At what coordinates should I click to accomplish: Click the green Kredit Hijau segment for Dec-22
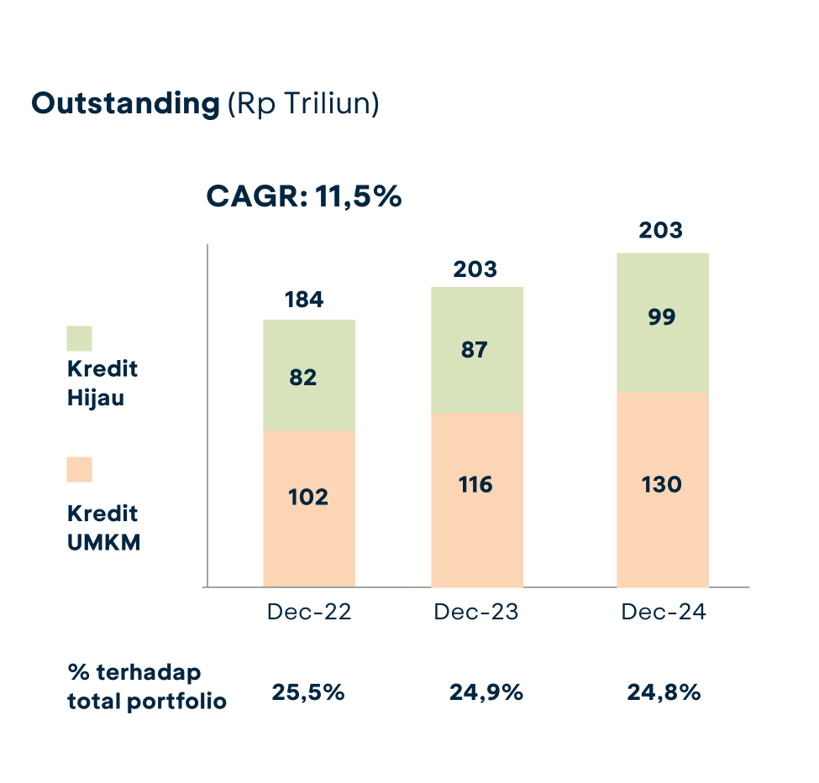coord(308,375)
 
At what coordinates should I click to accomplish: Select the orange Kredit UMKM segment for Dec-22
coord(308,508)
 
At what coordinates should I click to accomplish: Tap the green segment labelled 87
coord(476,349)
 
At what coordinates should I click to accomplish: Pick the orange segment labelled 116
coord(476,499)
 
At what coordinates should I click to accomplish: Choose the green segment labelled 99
coord(662,322)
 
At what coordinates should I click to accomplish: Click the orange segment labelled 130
coord(662,488)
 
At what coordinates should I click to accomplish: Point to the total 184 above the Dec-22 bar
coord(304,300)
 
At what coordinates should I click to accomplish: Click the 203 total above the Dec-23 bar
coord(475,269)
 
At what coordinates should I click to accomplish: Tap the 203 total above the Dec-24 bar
coord(661,230)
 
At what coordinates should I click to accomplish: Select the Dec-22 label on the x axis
coord(309,612)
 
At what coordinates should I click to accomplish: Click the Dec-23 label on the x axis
coord(476,612)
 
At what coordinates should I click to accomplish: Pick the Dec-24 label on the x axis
coord(664,612)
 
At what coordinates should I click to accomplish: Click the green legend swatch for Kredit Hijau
coord(79,338)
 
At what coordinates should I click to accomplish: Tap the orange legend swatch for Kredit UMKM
coord(79,469)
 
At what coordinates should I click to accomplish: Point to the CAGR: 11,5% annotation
coord(304,197)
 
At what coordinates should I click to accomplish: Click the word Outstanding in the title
coord(124,104)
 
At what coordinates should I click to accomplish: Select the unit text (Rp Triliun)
coord(303,104)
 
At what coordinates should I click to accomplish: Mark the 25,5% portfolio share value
coord(307,693)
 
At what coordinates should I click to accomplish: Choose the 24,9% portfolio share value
coord(486,693)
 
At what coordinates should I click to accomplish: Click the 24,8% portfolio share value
coord(664,693)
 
